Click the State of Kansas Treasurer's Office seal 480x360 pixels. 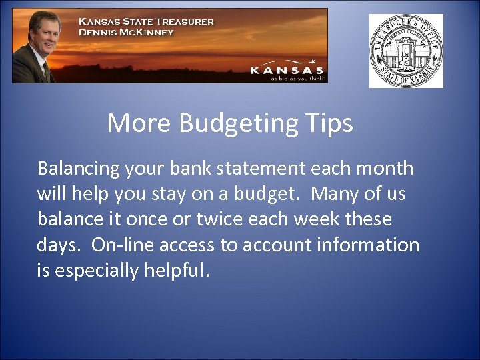[406, 51]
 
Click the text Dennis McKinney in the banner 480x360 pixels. [126, 32]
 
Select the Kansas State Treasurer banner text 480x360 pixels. [147, 21]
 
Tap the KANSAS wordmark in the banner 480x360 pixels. [287, 70]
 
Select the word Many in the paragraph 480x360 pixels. [335, 194]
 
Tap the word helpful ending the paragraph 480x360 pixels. [177, 270]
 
